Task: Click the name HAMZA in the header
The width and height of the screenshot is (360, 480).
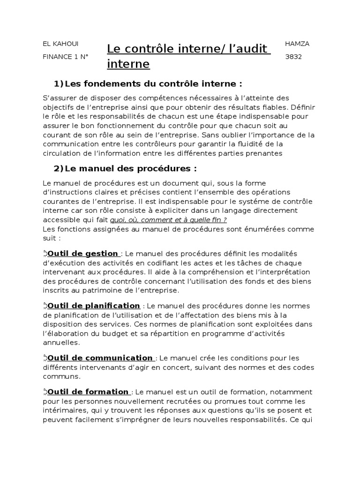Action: tap(297, 44)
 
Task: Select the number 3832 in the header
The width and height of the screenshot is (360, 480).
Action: tap(293, 57)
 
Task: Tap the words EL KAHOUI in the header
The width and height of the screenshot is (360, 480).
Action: tap(60, 44)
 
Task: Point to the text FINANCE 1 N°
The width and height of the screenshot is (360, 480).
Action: tap(65, 57)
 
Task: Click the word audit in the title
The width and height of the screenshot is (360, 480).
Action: tap(250, 49)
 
